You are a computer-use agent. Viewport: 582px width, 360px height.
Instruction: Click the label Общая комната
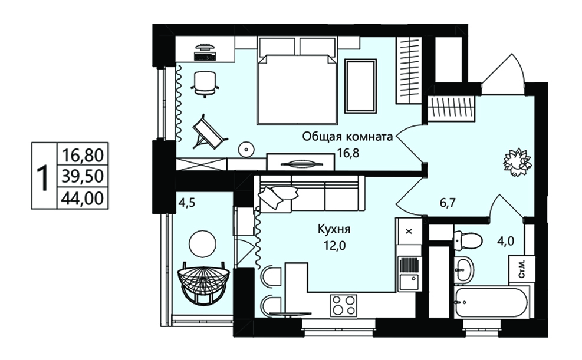(x=347, y=137)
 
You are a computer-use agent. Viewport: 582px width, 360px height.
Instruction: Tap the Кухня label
(x=334, y=229)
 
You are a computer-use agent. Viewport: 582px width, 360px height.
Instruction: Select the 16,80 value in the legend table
(x=83, y=154)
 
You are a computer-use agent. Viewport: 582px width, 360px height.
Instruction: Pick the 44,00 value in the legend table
(x=83, y=198)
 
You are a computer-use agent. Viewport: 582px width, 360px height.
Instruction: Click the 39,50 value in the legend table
(x=83, y=176)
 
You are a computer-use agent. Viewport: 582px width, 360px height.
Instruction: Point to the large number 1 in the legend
(x=44, y=177)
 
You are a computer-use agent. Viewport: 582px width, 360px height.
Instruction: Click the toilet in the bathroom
(x=467, y=240)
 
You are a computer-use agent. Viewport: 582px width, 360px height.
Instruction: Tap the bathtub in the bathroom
(x=491, y=302)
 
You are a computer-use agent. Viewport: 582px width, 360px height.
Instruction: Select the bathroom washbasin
(x=463, y=269)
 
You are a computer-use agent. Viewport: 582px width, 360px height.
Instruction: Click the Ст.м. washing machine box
(x=522, y=269)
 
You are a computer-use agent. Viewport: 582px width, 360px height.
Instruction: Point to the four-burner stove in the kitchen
(x=343, y=306)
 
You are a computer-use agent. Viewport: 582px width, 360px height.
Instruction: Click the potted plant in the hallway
(x=517, y=163)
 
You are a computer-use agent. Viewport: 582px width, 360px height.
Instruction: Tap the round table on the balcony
(x=202, y=243)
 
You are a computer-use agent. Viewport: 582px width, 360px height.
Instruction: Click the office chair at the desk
(x=205, y=84)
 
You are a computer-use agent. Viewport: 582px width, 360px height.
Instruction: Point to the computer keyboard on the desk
(x=205, y=57)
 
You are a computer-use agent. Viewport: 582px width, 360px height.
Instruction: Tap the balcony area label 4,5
(x=187, y=203)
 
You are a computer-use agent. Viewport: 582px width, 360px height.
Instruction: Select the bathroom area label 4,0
(x=505, y=242)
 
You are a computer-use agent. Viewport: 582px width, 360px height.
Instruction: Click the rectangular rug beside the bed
(x=360, y=86)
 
